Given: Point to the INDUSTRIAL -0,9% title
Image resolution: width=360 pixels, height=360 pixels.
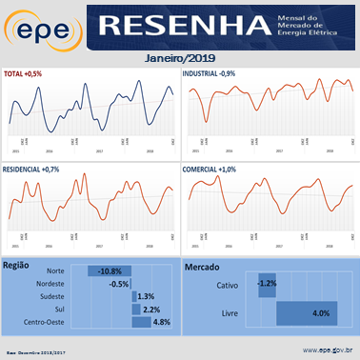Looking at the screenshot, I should (216, 74).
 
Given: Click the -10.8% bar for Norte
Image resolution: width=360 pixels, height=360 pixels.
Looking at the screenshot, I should (110, 271).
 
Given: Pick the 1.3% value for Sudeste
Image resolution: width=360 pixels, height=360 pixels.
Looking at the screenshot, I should (146, 297).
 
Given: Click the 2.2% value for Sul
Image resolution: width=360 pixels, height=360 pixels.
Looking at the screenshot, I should (150, 310).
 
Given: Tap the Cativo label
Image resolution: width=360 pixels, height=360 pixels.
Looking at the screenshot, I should (228, 284).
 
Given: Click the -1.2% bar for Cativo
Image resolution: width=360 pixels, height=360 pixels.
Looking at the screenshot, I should (267, 284).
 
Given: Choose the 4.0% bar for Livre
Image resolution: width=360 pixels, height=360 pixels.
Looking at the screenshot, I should (307, 312).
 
